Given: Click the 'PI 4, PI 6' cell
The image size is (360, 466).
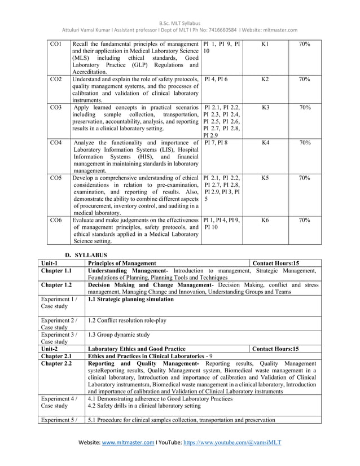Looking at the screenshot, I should click(x=216, y=81).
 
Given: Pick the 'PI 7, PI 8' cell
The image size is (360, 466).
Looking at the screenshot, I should click(x=216, y=143).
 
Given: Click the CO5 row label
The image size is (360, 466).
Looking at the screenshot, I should click(x=55, y=178).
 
